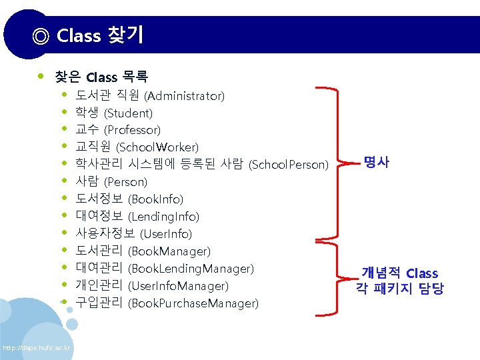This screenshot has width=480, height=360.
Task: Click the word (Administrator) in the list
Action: tap(184, 96)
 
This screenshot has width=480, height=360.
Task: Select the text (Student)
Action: tap(129, 113)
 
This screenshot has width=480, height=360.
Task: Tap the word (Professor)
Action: tap(133, 130)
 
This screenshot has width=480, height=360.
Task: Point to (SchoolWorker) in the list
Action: tap(157, 147)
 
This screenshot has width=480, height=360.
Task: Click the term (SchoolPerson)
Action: tap(289, 165)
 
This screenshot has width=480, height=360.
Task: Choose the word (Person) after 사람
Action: tap(126, 182)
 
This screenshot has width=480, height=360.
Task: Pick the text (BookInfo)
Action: tap(155, 199)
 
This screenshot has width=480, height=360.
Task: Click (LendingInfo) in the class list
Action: tap(163, 217)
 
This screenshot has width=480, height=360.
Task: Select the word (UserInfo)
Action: tap(166, 234)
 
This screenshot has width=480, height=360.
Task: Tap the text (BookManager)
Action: tap(169, 251)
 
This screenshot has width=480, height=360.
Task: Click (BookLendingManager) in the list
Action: tap(191, 269)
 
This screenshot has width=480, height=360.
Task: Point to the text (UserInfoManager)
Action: tap(178, 286)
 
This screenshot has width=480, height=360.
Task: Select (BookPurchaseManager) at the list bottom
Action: tap(193, 303)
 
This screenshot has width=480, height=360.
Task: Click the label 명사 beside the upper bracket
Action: tap(376, 161)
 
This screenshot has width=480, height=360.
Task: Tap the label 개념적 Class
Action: tap(400, 273)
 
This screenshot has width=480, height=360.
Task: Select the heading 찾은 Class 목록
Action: tap(102, 77)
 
